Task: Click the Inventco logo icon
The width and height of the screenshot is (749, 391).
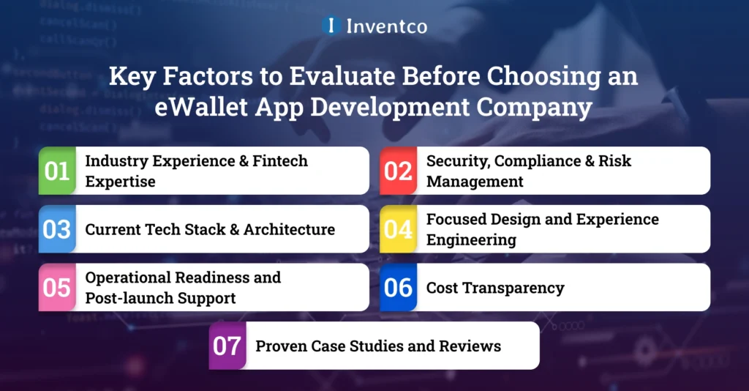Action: tap(331, 26)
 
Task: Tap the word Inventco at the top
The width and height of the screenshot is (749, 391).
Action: tap(386, 26)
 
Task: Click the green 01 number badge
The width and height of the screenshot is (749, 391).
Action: tap(57, 171)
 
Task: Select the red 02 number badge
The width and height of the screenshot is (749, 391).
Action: tap(398, 171)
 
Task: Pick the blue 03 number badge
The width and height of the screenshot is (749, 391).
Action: tap(57, 229)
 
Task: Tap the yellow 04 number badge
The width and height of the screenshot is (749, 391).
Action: tap(398, 229)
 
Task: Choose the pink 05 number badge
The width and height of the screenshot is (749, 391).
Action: tap(57, 288)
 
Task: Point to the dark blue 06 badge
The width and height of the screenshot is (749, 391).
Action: tap(398, 288)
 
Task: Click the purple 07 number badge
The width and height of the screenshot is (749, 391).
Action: tap(227, 346)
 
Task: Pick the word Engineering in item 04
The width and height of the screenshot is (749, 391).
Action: tap(471, 239)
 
